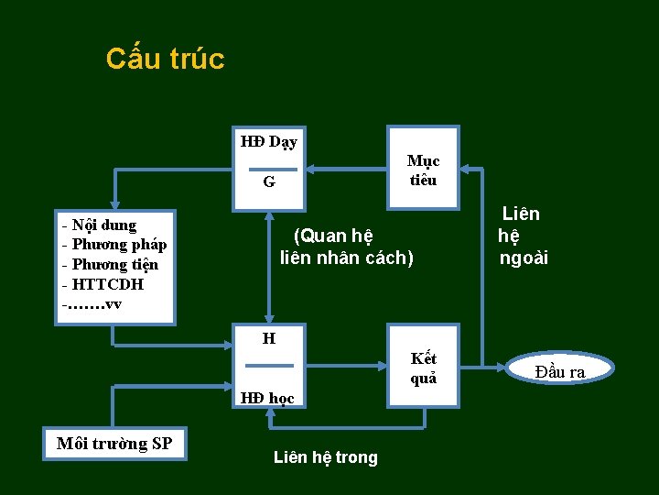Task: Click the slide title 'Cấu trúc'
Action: (x=165, y=59)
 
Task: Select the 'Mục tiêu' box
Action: (x=423, y=170)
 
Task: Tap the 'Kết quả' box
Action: (x=423, y=368)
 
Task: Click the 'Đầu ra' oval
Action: (x=559, y=370)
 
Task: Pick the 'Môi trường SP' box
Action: (x=114, y=445)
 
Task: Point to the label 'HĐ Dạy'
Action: (x=268, y=142)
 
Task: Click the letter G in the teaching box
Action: (x=269, y=181)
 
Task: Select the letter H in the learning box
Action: (x=269, y=339)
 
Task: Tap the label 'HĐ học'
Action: (x=267, y=398)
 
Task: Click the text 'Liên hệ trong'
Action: (x=325, y=457)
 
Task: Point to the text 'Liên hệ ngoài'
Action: (x=523, y=236)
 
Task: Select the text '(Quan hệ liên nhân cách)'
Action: (x=346, y=247)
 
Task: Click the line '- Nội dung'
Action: (x=99, y=225)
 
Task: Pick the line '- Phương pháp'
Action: (x=113, y=245)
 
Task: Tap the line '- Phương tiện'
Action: (x=110, y=265)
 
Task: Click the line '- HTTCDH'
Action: (x=103, y=284)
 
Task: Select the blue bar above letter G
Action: (x=273, y=170)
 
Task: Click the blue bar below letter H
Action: (x=269, y=366)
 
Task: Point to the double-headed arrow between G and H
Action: (x=269, y=266)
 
